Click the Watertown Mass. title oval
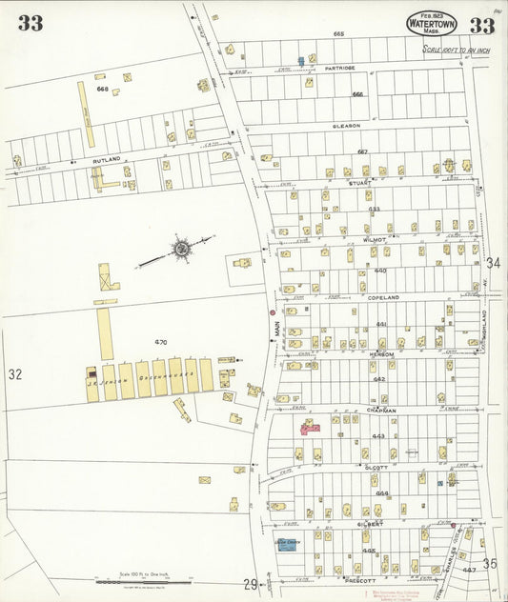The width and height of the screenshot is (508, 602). coord(432,23)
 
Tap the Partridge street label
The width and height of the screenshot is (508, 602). coord(339,69)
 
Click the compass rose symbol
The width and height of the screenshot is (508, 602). coord(180,249)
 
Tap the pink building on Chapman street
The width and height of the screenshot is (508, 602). coord(311,427)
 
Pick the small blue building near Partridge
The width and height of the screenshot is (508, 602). coord(301,61)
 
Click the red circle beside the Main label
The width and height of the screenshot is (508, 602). coord(272,311)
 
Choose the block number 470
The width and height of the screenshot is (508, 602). coord(160,341)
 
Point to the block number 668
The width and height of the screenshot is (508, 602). coord(102,89)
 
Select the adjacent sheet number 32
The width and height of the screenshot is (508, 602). coord(14,374)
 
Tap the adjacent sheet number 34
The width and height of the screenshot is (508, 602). coord(493,262)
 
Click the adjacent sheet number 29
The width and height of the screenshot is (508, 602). coord(250,583)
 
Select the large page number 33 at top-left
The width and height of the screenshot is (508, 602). coord(30,23)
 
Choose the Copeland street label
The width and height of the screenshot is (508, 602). coord(380,297)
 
